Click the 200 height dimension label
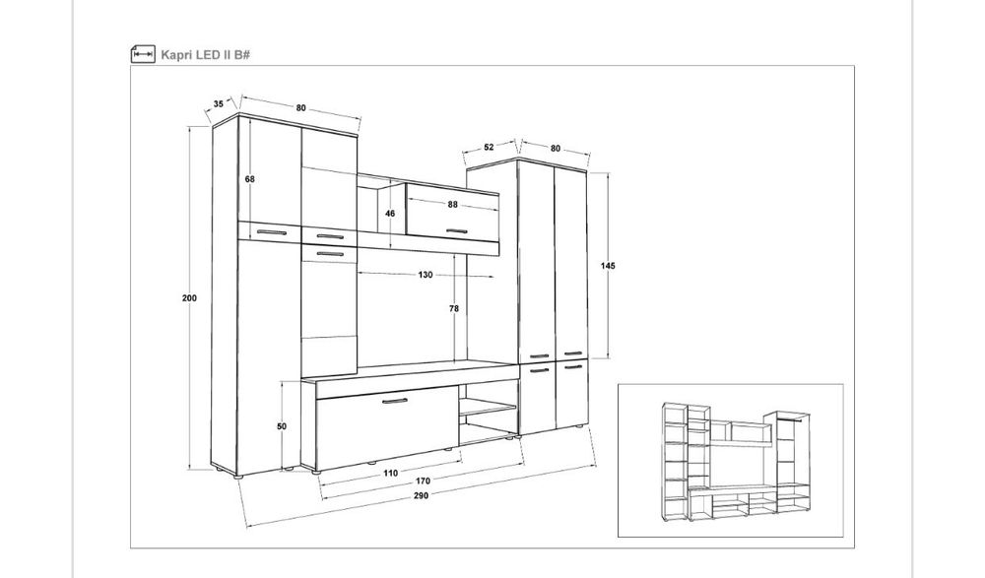[189, 297]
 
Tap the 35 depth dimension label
[218, 103]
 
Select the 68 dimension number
[250, 179]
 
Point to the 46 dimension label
[390, 214]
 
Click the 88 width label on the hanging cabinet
[453, 204]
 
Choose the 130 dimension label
[426, 275]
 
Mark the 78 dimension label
[453, 308]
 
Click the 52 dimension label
[489, 147]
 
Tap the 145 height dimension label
[608, 266]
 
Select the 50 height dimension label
[282, 426]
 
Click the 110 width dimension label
[390, 473]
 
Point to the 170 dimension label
[423, 482]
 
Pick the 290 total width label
[421, 495]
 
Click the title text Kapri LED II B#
[206, 55]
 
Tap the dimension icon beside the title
[143, 55]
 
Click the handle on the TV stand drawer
[395, 401]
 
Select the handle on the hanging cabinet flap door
[457, 231]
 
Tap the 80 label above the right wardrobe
[556, 149]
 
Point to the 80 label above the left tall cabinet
[300, 108]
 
